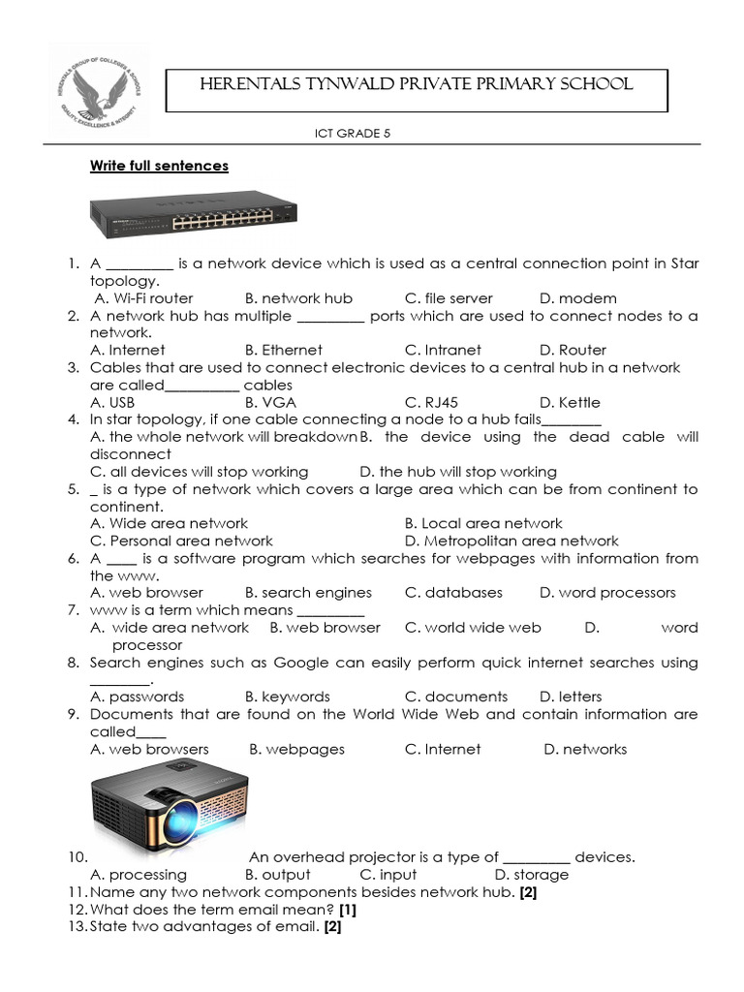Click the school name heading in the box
[416, 85]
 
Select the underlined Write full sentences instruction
[159, 166]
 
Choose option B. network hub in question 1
[298, 298]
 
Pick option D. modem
[577, 298]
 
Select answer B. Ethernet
[284, 350]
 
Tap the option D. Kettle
[570, 402]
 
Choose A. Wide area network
[169, 523]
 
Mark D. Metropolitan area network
[511, 541]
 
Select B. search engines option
[308, 592]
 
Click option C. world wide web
[473, 627]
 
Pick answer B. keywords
[288, 697]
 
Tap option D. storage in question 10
[532, 875]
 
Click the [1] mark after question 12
[348, 910]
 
